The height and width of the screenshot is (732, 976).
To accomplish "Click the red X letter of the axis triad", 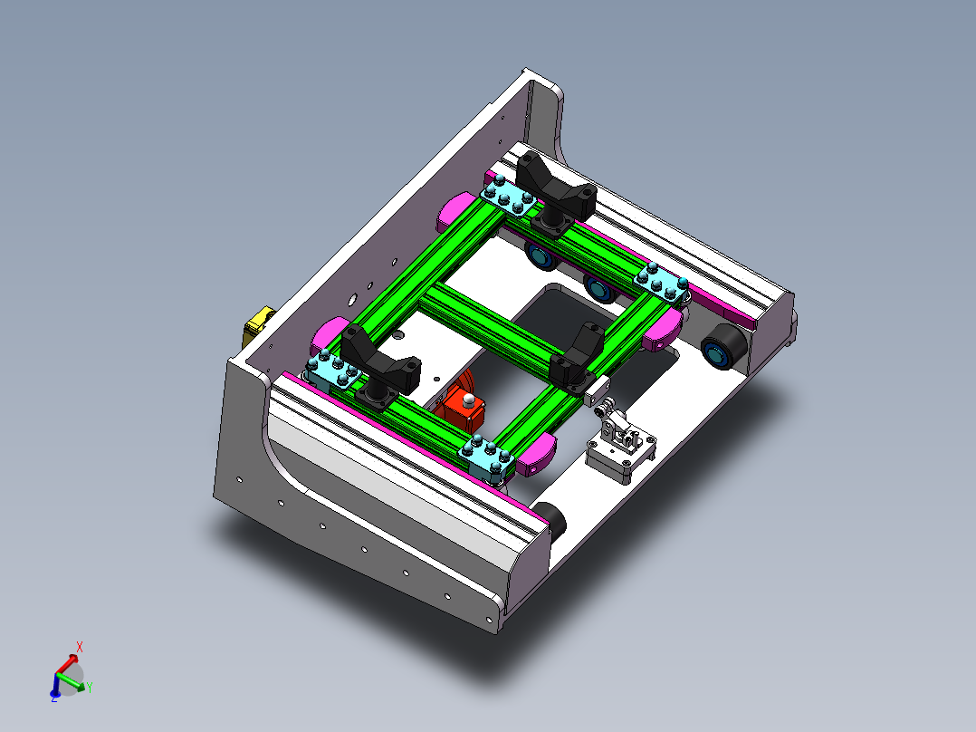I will (x=80, y=647).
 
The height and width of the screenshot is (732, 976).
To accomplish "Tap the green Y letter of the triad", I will (x=90, y=688).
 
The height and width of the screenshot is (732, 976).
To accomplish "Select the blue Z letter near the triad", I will (x=53, y=698).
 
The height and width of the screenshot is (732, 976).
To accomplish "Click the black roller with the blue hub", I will (x=723, y=347).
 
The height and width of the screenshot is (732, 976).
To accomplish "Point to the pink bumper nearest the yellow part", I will (x=326, y=334).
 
